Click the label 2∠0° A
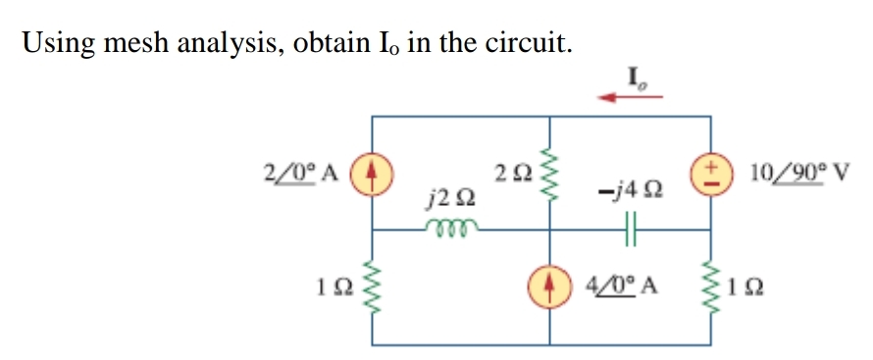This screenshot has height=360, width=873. point(300,174)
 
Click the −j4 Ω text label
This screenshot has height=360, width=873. point(628,198)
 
